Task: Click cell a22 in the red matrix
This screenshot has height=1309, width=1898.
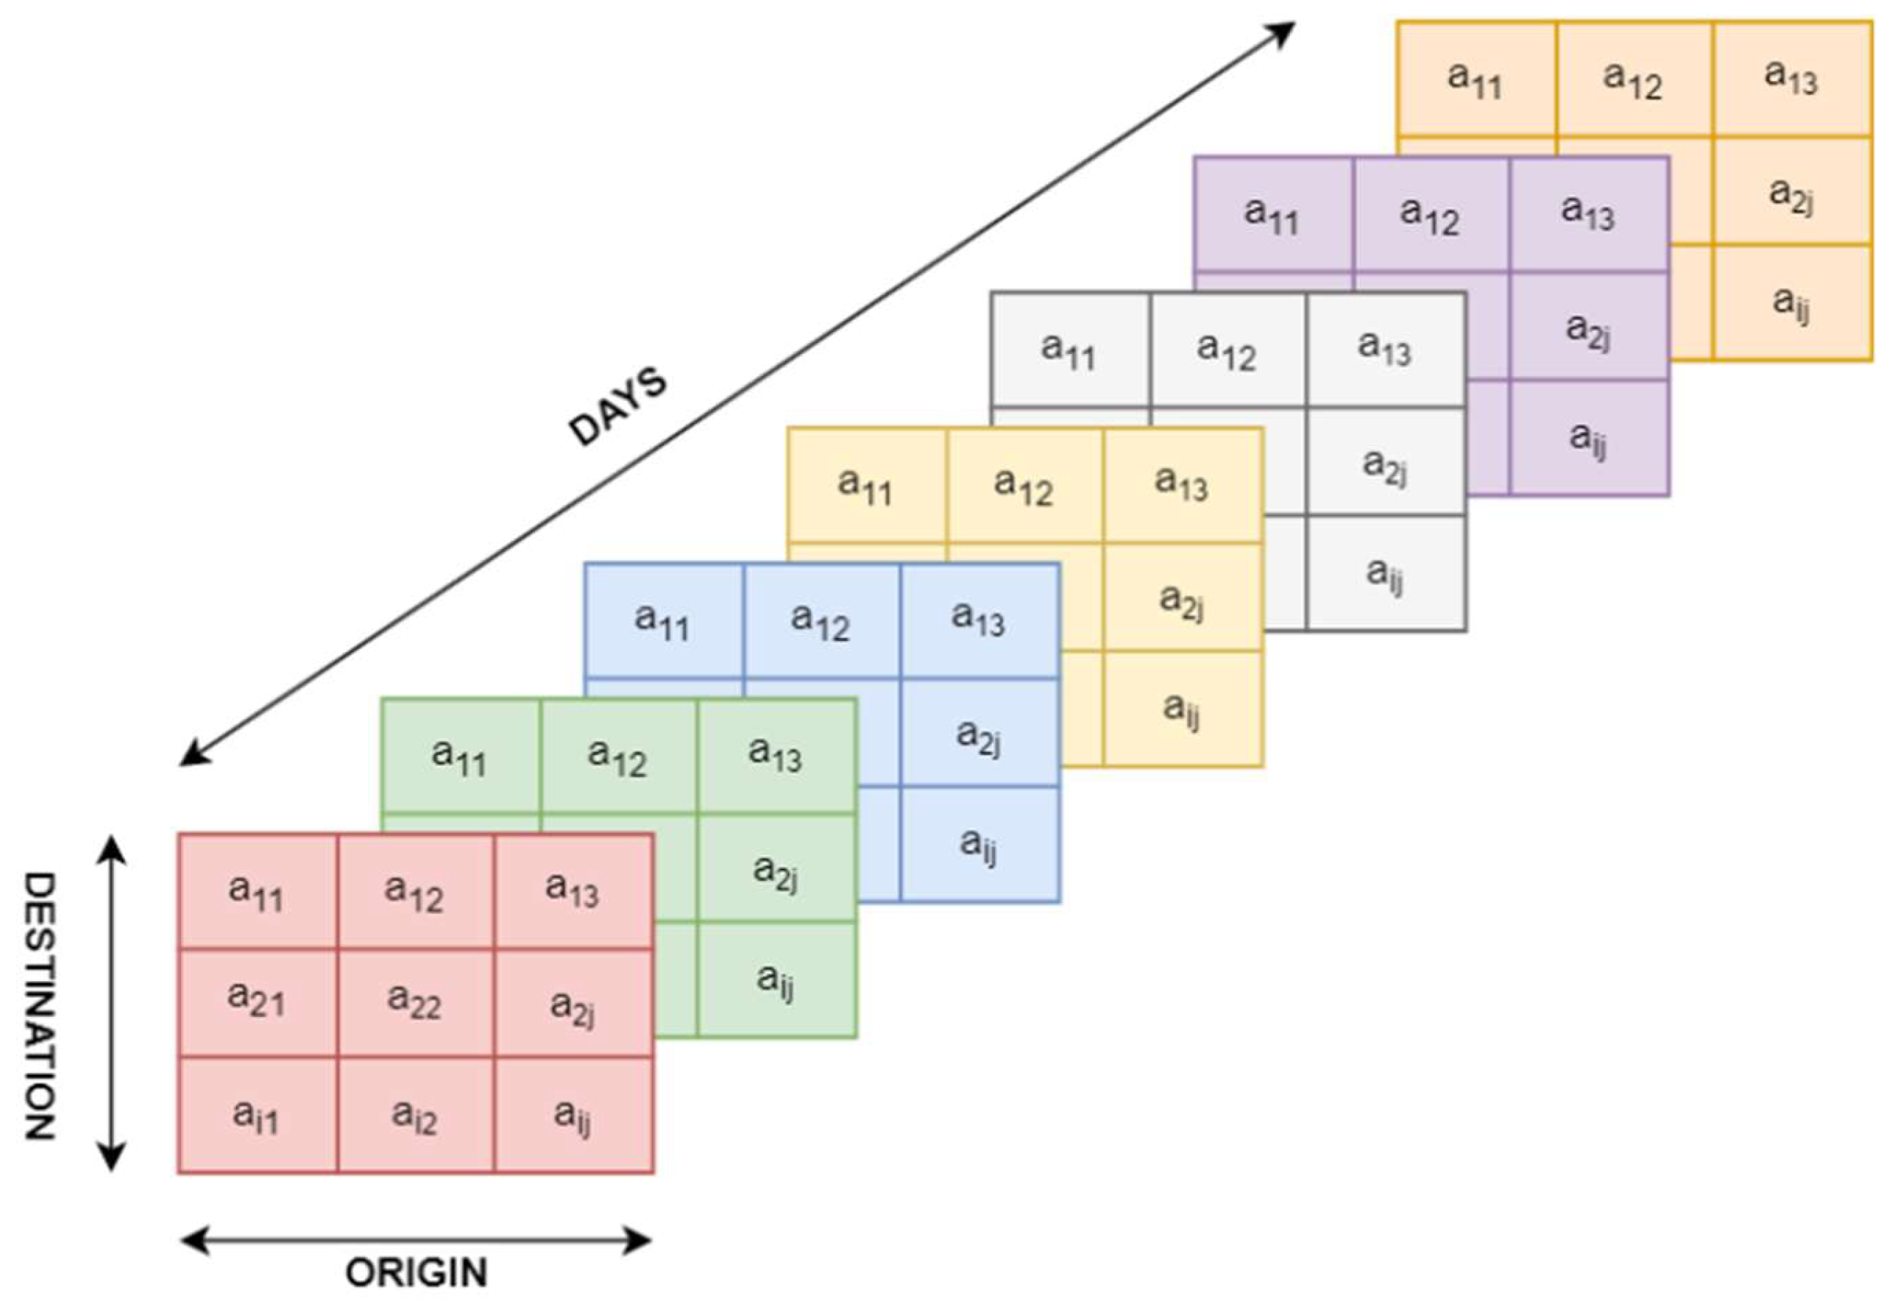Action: (415, 1002)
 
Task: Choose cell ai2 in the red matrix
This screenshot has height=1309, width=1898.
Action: (415, 1116)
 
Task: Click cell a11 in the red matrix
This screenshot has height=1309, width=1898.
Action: (257, 891)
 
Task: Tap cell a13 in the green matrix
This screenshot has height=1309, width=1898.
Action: (775, 756)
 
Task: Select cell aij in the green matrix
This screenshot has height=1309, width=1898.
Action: (775, 979)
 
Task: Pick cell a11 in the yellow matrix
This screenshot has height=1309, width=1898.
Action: (866, 485)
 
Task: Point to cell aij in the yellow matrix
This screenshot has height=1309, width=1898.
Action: (1183, 709)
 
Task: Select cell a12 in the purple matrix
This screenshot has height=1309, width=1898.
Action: (1431, 214)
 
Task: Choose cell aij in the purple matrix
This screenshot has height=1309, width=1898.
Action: (1589, 437)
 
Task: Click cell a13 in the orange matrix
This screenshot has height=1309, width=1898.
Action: (1791, 79)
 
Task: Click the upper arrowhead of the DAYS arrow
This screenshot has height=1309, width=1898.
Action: (1283, 31)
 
